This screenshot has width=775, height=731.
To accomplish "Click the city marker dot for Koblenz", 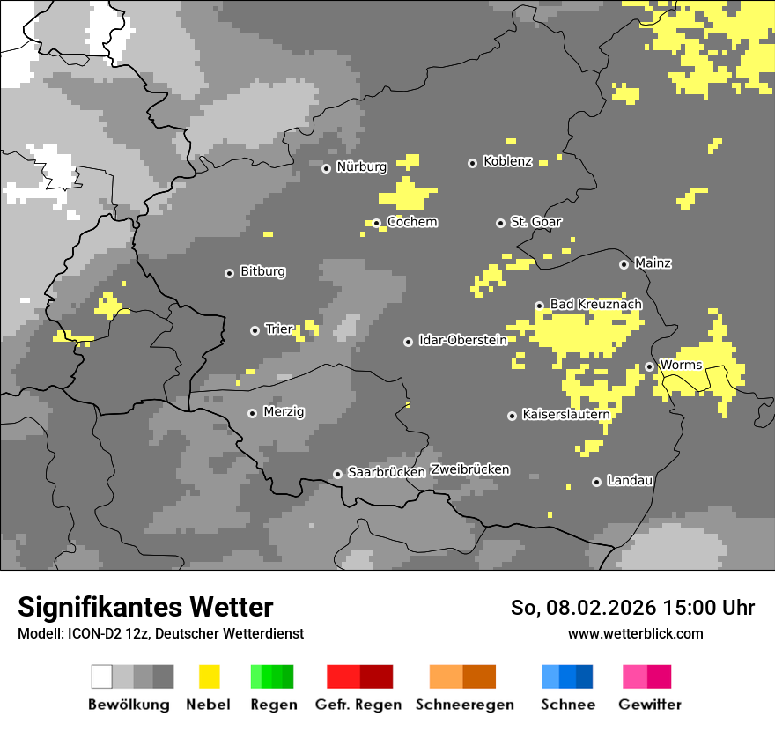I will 472,163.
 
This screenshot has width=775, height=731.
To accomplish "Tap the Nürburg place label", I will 361,166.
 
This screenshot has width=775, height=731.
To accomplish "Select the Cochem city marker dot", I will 376,223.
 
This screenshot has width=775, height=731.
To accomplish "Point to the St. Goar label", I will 535,222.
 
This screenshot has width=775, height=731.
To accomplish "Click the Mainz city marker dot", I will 624,264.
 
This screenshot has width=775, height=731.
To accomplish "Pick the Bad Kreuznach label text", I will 595,304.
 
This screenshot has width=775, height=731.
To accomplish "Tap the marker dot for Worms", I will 649,366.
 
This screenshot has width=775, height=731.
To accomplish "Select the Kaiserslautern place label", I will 565,414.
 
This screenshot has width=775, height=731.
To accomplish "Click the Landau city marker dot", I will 596,482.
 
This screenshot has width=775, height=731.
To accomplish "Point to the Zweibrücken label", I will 469,469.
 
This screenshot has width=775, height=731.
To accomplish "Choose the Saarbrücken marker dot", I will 337,474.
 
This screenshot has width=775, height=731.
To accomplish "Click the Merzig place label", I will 284,411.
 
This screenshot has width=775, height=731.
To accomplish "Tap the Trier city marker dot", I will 255,330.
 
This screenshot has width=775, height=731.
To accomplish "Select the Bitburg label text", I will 262,271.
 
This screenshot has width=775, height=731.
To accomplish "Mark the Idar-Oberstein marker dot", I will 408,342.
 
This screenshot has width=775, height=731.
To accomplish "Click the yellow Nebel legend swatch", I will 209,676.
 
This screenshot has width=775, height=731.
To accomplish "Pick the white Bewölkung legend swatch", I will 102,676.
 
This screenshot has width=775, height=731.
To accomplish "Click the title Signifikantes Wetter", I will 145,607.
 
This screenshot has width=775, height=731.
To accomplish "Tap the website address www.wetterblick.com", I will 635,633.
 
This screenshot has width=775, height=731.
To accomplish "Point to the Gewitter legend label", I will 649,705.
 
